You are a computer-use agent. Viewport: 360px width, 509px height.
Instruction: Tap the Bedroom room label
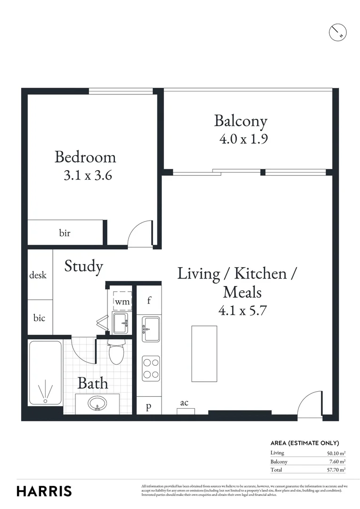85,156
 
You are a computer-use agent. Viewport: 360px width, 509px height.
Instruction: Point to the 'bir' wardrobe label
65,233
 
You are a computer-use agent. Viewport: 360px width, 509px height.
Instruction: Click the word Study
83,266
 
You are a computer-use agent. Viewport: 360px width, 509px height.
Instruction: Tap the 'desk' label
38,275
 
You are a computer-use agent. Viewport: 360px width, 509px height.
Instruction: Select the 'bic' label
39,318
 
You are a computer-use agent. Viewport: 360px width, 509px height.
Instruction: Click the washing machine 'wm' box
122,301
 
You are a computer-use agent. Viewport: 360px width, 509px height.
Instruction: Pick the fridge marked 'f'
149,300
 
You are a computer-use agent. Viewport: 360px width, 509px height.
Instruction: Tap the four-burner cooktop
151,369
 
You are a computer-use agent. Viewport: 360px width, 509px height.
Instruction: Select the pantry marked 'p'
148,407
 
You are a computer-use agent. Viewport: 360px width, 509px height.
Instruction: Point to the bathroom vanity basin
98,404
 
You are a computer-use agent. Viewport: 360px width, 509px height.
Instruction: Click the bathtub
45,372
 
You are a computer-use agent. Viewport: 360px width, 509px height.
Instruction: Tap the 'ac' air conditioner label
184,402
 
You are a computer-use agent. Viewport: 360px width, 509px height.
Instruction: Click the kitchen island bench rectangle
204,353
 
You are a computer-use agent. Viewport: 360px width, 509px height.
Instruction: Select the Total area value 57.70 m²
335,470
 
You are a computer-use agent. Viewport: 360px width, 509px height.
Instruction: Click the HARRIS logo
44,491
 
